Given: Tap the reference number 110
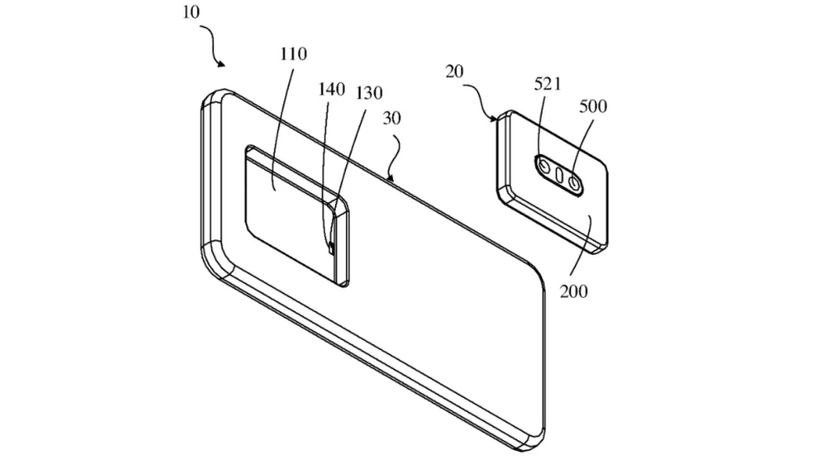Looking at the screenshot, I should [293, 54].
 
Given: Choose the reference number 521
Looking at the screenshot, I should [548, 84].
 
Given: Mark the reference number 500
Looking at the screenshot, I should [593, 107].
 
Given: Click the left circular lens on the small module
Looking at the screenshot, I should [543, 167].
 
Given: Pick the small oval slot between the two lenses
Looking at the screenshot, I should [559, 174].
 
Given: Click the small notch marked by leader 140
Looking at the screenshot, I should [332, 248].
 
